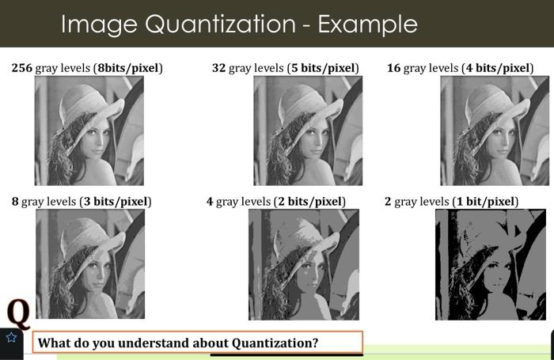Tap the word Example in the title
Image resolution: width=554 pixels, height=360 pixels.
click(x=367, y=25)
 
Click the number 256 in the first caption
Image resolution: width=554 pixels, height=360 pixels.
click(x=22, y=68)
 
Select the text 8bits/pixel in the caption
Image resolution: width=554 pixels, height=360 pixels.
click(x=127, y=68)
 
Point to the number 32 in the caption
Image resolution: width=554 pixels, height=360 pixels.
click(x=219, y=68)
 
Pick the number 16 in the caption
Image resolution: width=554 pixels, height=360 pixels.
click(x=393, y=68)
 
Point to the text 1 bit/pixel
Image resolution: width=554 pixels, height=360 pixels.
click(x=485, y=202)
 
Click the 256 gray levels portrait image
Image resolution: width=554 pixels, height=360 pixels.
click(x=89, y=131)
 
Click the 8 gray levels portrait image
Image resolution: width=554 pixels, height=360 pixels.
click(x=90, y=263)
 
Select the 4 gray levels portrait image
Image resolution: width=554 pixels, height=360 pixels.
click(x=303, y=264)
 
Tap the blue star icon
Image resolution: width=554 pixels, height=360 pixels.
click(x=11, y=338)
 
